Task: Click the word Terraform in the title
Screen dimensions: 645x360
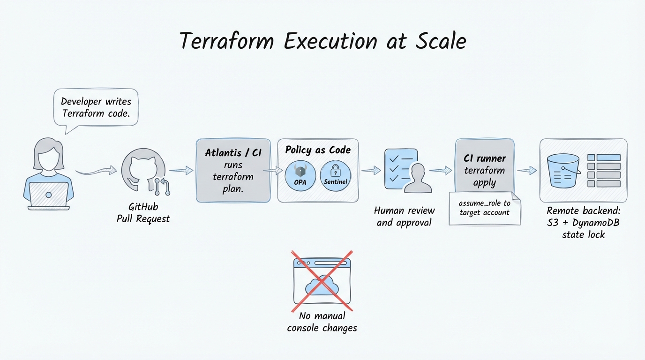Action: pyautogui.click(x=227, y=41)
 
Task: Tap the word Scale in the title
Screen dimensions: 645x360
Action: pyautogui.click(x=441, y=41)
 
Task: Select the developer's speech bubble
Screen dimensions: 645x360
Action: pyautogui.click(x=96, y=107)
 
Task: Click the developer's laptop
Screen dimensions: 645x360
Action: pyautogui.click(x=49, y=196)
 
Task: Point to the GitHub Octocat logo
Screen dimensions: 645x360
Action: pyautogui.click(x=143, y=170)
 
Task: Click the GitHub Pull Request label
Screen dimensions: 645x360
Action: pyautogui.click(x=143, y=213)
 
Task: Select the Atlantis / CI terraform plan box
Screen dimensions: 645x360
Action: pyautogui.click(x=233, y=171)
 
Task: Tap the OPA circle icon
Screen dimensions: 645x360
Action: pyautogui.click(x=300, y=176)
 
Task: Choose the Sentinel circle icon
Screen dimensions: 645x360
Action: pyautogui.click(x=336, y=176)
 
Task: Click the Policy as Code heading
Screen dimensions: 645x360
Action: pyautogui.click(x=318, y=150)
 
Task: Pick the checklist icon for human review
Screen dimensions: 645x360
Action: pyautogui.click(x=401, y=169)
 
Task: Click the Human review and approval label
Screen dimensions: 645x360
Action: pyautogui.click(x=404, y=217)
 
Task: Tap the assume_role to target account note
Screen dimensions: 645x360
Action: pyautogui.click(x=485, y=208)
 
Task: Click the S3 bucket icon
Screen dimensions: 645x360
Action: pyautogui.click(x=563, y=171)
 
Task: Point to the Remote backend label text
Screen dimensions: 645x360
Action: pyautogui.click(x=584, y=223)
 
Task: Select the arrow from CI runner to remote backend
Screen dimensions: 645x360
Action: pyautogui.click(x=527, y=171)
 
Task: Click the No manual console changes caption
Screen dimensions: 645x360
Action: pyautogui.click(x=322, y=322)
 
